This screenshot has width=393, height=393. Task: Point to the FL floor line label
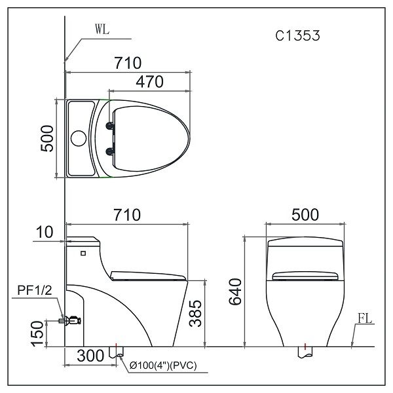[366, 320]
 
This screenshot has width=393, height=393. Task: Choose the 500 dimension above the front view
[305, 215]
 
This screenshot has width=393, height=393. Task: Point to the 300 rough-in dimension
[90, 356]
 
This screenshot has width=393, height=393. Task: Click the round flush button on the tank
[79, 139]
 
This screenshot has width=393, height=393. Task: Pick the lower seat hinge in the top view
[109, 151]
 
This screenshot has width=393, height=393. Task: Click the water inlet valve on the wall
[71, 320]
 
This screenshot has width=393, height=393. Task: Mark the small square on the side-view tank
[83, 252]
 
